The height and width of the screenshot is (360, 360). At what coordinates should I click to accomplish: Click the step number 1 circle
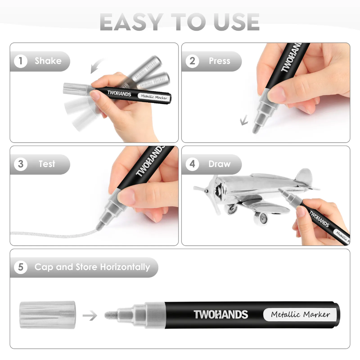pos(21,61)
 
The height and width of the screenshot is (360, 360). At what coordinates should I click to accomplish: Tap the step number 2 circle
pos(192,61)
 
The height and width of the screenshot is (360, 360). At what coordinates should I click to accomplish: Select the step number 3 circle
pos(21,164)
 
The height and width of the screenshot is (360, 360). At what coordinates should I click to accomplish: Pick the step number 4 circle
pos(192,164)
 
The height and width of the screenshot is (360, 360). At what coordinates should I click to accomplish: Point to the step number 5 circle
pos(21,267)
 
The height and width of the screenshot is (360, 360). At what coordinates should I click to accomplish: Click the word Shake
pos(48,61)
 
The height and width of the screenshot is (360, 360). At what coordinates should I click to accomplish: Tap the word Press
pos(219,61)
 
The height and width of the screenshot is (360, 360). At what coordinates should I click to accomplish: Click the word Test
pos(47,164)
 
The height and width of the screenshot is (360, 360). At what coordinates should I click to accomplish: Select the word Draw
pos(219,164)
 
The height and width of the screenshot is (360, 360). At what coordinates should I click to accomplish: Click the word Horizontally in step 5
pos(125,267)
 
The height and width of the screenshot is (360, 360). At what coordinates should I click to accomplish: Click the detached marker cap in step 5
pos(48,315)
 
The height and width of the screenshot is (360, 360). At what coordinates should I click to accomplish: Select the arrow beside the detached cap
pos(90,315)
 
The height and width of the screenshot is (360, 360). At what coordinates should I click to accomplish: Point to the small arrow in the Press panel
pos(244,120)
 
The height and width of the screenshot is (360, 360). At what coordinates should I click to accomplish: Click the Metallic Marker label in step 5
pos(300,315)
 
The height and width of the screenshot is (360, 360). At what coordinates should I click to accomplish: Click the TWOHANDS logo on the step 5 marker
pos(221,315)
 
